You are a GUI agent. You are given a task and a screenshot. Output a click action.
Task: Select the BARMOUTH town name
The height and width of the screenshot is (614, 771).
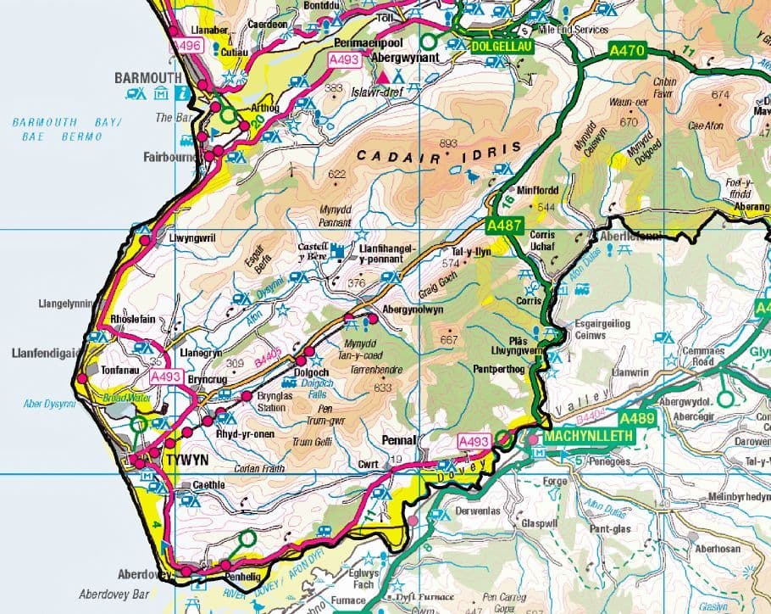[148, 78]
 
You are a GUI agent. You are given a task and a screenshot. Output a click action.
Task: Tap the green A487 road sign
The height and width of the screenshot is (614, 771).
[502, 226]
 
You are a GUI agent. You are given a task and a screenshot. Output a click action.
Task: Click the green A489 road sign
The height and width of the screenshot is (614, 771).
[637, 419]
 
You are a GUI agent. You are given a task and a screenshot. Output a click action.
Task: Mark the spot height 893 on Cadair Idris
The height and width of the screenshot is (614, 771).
[448, 142]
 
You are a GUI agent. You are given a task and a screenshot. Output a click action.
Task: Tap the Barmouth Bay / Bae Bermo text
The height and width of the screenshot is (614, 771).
[68, 129]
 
